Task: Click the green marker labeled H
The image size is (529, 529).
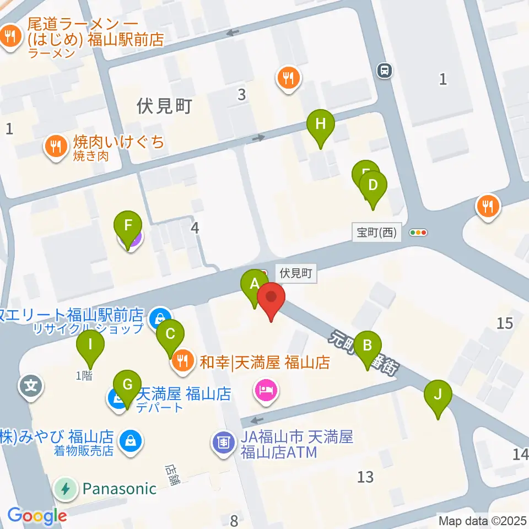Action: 320,125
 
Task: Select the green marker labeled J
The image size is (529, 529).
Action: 438,395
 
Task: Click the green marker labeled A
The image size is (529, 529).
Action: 254,285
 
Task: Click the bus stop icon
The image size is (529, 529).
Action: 385,70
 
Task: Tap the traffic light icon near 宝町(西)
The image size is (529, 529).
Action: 419,233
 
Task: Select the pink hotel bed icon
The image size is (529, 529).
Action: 266,391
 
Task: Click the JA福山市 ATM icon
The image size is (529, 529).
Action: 223,442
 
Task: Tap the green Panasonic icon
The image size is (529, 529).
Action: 66,488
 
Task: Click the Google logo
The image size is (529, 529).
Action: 37,516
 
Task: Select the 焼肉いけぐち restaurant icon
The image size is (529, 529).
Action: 56,147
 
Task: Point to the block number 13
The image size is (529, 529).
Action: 365,476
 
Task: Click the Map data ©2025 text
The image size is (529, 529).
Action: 482,520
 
